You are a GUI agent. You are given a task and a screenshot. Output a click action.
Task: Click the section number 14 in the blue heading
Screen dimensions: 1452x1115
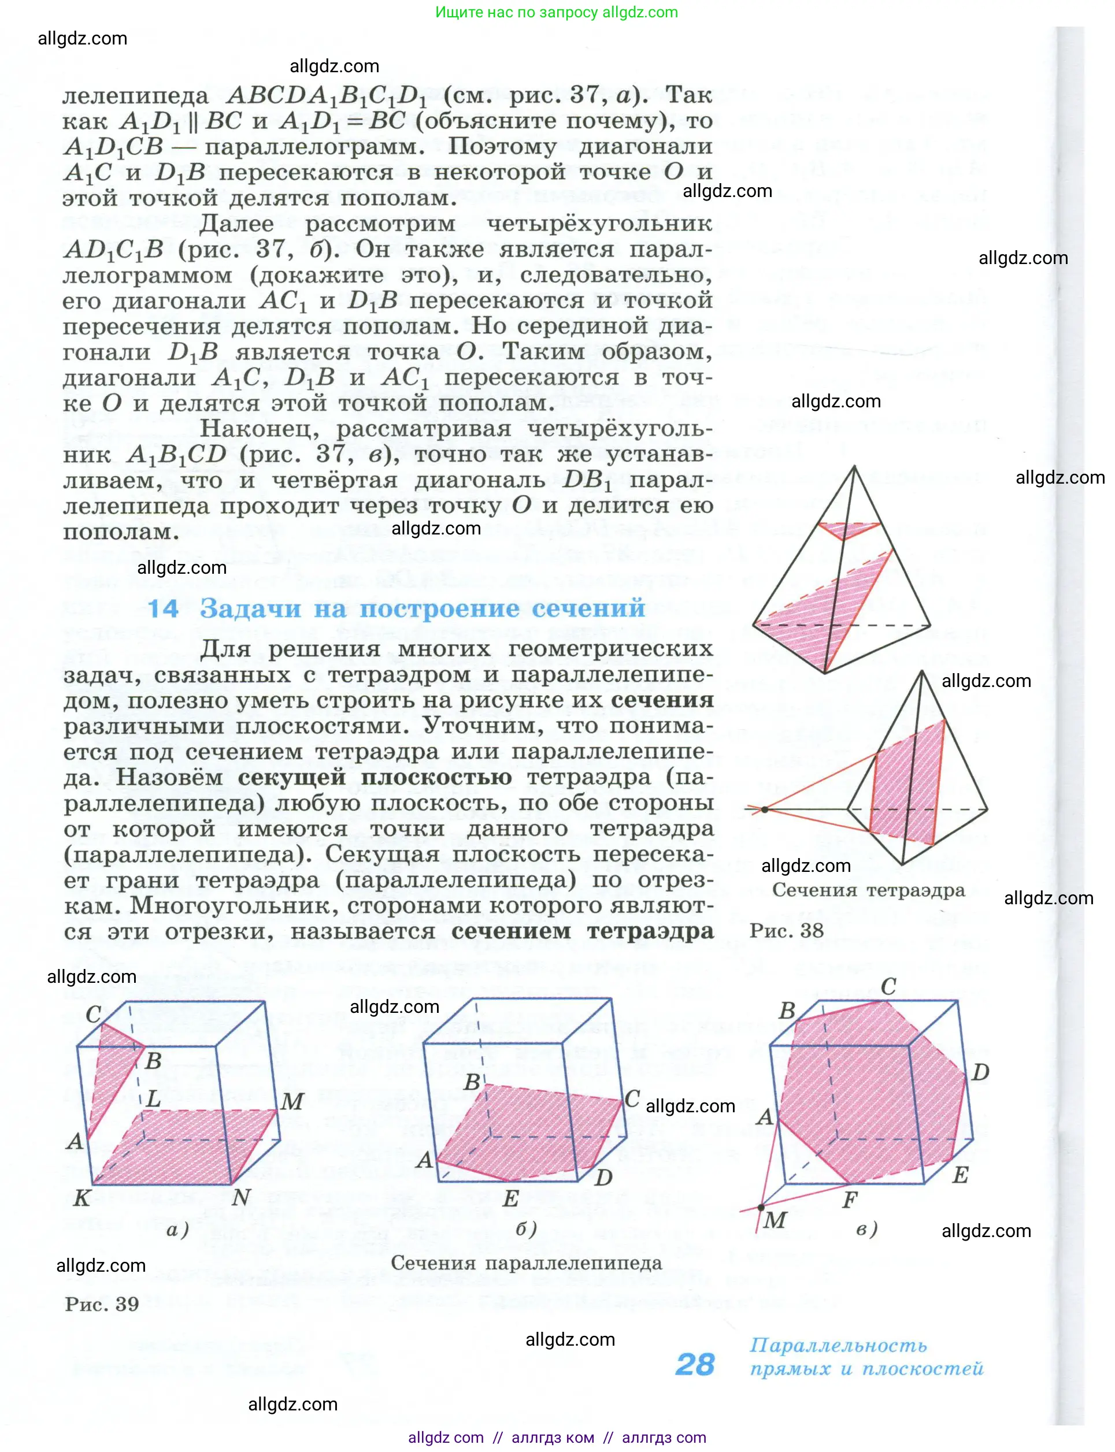pos(162,608)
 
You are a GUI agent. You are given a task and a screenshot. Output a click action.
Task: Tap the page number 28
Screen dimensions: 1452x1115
pos(695,1364)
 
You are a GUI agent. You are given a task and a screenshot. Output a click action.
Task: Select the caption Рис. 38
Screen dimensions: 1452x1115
pos(787,930)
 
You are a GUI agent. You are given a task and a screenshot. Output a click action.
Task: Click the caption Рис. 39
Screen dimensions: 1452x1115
pos(102,1304)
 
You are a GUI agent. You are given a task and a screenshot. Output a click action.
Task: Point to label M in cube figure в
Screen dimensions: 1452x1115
pos(775,1219)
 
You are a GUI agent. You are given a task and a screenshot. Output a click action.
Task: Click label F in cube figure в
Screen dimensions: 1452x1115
pos(850,1200)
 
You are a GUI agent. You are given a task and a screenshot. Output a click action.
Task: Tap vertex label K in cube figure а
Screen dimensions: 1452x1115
pos(82,1198)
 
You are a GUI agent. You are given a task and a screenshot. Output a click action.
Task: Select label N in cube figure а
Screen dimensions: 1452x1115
pos(241,1197)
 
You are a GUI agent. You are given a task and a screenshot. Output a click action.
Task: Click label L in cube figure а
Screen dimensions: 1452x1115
pos(153,1099)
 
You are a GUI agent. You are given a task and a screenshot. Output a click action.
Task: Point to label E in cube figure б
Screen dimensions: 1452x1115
pos(510,1198)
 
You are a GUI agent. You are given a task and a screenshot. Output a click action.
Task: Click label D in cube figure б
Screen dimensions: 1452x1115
pos(603,1178)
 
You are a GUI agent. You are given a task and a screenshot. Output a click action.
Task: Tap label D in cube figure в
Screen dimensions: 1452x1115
pos(980,1072)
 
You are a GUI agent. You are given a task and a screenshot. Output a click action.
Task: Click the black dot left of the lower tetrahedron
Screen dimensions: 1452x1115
pos(765,809)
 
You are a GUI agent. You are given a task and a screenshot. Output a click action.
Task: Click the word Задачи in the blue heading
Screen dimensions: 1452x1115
pos(251,608)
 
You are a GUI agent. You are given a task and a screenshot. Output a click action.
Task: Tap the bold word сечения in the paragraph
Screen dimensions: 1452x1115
pos(662,700)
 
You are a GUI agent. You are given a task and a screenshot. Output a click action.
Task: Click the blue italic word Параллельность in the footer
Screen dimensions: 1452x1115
pos(838,1345)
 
